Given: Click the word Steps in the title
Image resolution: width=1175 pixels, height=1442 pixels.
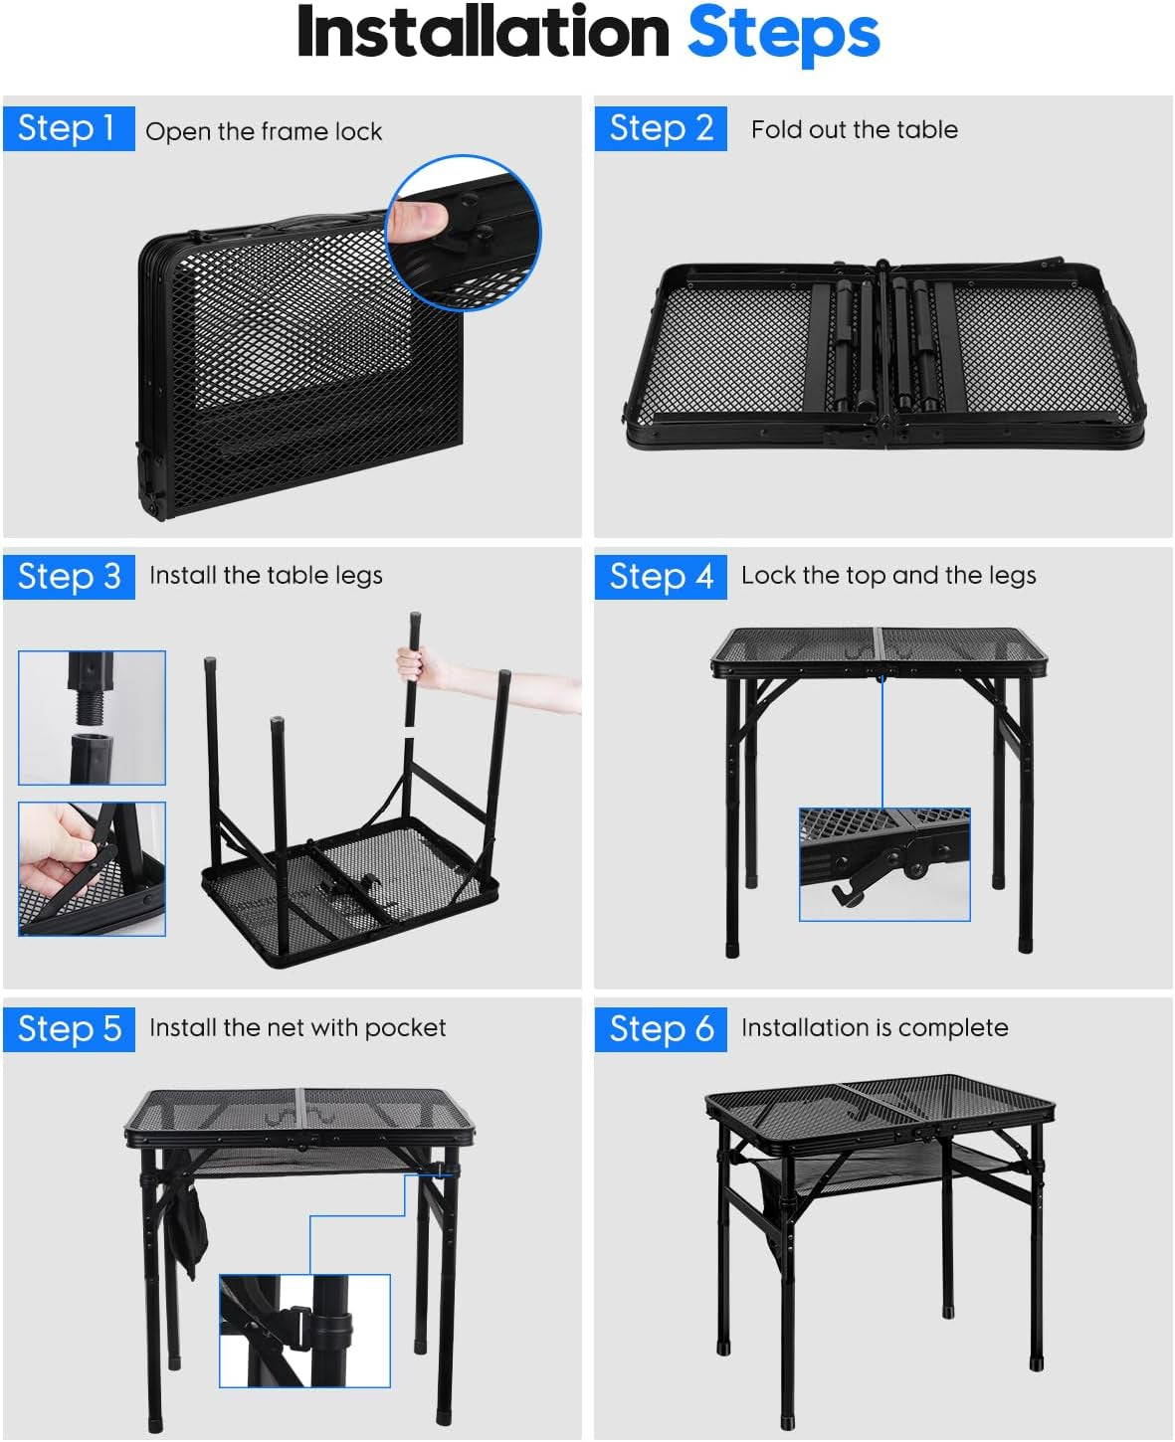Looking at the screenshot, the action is click(784, 34).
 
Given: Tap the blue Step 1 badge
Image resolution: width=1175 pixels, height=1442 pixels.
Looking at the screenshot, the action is click(69, 128).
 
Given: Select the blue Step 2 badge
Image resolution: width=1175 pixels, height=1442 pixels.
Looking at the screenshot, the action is click(661, 128).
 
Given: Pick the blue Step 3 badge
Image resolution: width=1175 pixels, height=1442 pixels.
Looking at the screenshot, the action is click(69, 577).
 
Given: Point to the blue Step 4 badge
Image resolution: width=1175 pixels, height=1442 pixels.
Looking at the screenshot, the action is click(661, 577).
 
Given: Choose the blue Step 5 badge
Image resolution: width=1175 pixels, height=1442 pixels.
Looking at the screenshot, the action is click(69, 1029).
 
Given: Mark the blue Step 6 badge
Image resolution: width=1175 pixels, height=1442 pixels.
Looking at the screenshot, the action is click(661, 1029).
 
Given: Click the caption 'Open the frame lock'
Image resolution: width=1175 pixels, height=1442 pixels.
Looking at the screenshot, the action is click(264, 131).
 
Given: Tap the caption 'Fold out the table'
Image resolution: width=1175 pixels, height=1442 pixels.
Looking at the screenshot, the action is click(855, 129).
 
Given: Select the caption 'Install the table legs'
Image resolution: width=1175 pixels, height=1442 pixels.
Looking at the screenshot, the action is click(267, 576).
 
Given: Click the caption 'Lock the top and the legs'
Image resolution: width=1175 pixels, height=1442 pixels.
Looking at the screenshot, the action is click(888, 576).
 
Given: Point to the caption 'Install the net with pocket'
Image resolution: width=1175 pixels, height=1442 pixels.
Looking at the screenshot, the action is click(298, 1027).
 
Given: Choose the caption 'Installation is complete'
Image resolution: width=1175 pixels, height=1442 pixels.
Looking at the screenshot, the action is click(875, 1027).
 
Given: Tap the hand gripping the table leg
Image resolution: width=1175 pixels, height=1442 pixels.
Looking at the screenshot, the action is click(417, 667).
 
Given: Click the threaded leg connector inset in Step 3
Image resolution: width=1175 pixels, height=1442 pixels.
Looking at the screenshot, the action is click(93, 718).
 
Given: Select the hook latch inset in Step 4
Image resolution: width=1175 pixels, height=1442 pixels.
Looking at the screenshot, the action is click(884, 864).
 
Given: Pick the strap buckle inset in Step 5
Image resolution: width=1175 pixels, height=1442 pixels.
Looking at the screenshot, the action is click(304, 1331).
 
